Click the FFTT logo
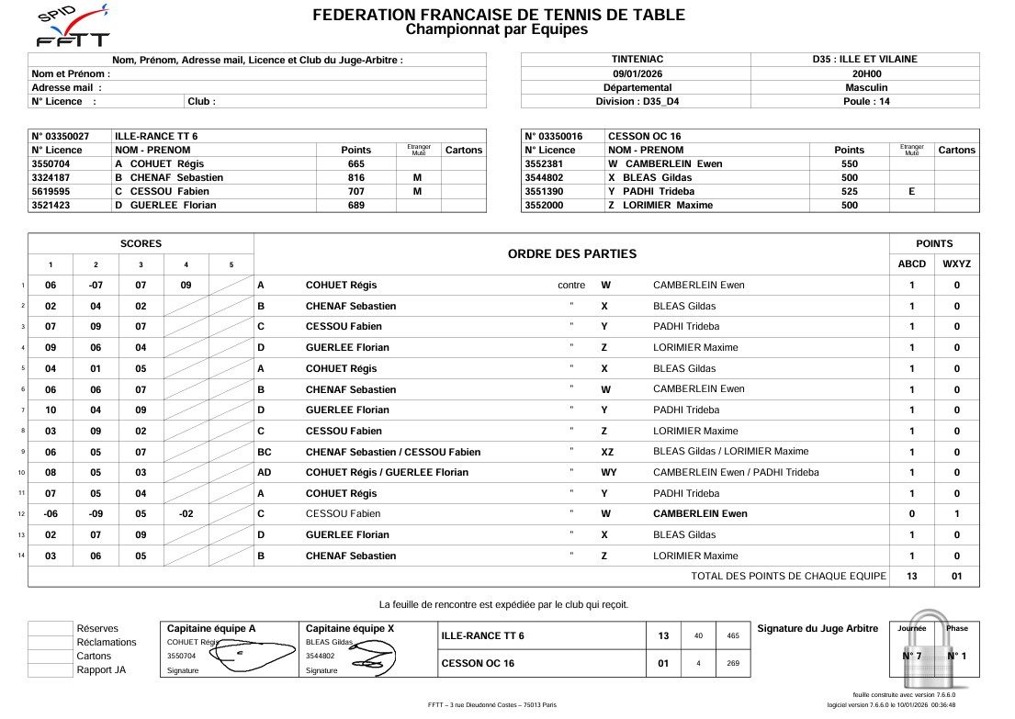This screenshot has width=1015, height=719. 72,26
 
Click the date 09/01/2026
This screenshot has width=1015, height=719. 636,73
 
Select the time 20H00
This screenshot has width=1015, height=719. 865,73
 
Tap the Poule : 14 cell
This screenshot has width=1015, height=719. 865,101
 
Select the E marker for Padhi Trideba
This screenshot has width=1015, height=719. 911,191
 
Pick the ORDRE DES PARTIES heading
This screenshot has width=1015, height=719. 571,253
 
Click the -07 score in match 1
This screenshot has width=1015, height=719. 96,285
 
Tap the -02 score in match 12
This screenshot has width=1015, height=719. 186,513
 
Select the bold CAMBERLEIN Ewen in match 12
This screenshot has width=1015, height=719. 700,513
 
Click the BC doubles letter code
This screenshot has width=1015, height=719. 265,451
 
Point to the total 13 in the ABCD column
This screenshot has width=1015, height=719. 911,577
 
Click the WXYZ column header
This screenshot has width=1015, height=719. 956,264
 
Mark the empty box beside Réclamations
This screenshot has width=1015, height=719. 50,642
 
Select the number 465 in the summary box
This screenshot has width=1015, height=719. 733,635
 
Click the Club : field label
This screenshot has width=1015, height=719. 201,101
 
